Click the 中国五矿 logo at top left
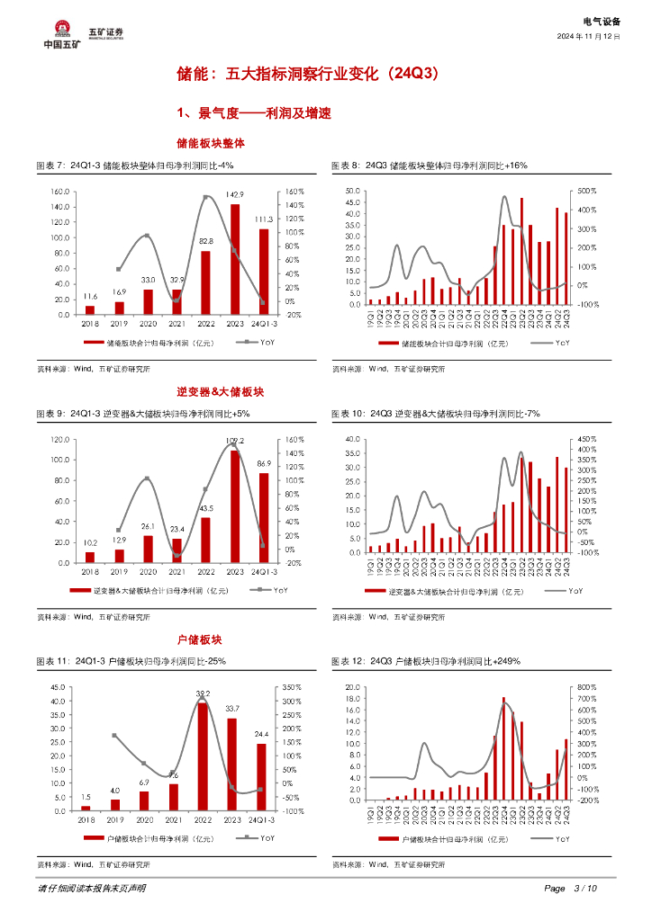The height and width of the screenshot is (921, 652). [61, 33]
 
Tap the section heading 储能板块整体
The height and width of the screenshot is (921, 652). [211, 143]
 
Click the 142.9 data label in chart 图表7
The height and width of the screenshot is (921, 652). [235, 194]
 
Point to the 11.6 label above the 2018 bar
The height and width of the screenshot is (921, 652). [90, 296]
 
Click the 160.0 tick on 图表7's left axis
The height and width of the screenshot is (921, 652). [59, 192]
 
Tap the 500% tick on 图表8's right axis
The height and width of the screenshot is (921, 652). [585, 191]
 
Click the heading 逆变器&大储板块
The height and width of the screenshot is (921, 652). [212, 391]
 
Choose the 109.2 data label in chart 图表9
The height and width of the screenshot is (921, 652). [235, 441]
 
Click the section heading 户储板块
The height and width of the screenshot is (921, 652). [211, 639]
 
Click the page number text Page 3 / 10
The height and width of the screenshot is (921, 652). [570, 889]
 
